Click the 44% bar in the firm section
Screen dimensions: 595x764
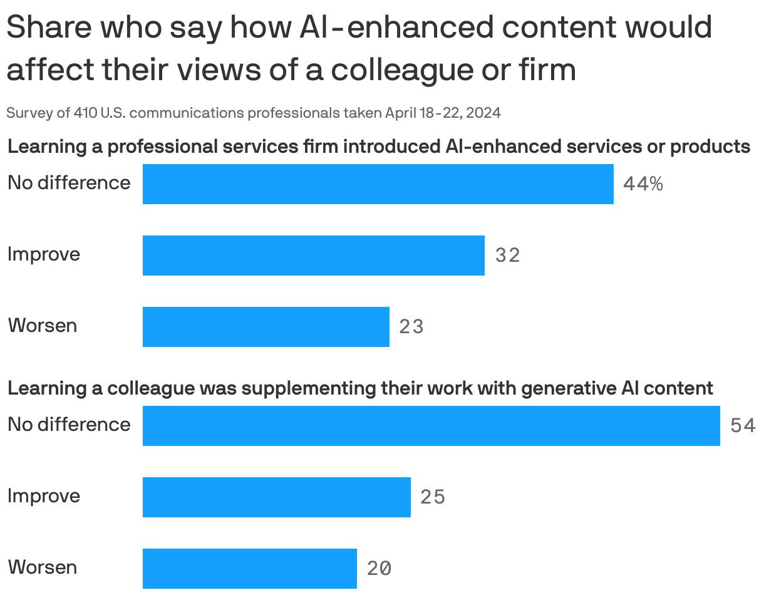378,184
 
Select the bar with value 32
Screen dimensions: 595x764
313,256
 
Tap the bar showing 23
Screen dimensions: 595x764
266,327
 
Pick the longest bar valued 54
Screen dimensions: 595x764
431,426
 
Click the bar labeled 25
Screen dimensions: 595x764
276,497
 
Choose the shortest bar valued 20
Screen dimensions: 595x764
249,569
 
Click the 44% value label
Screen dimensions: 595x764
643,184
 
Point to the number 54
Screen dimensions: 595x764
743,426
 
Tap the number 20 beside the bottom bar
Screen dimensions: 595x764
379,569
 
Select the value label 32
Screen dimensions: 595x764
507,256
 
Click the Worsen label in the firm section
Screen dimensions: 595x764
43,326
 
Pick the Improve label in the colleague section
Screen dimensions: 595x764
44,496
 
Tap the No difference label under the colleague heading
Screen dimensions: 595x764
69,425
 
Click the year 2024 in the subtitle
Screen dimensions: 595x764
483,113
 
